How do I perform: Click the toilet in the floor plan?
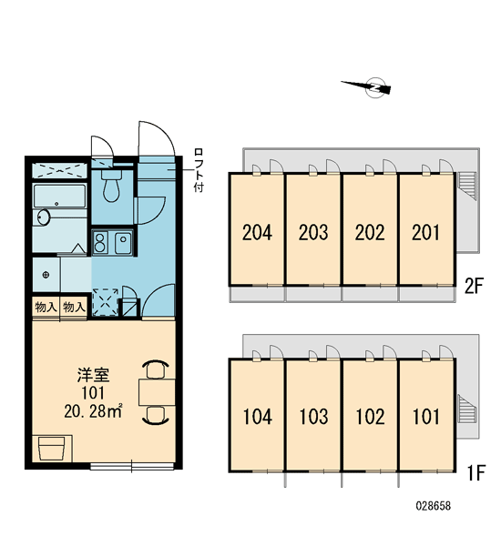click(x=111, y=186)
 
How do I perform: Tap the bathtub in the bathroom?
click(x=59, y=196)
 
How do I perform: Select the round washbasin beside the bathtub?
click(x=43, y=217)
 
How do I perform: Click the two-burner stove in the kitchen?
click(x=100, y=242)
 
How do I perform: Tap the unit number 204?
click(x=257, y=232)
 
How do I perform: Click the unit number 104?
click(x=257, y=417)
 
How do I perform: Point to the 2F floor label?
click(x=474, y=287)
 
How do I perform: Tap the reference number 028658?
click(x=433, y=506)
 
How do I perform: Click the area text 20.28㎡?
click(x=93, y=411)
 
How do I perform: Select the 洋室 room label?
click(x=93, y=375)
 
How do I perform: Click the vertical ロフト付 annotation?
click(x=199, y=170)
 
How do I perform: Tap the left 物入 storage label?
click(x=46, y=308)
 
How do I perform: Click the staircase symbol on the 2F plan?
click(x=467, y=186)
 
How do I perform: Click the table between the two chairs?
click(x=157, y=392)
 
